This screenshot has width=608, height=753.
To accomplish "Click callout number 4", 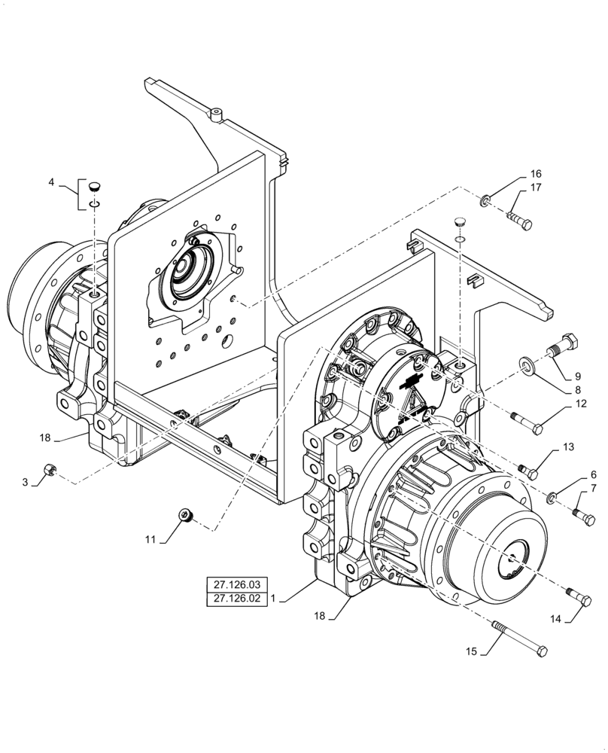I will pos(51,182).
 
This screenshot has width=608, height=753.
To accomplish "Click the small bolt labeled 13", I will pos(529,471).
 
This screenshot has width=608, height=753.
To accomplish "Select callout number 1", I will pos(274,599).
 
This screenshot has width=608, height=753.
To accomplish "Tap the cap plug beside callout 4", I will pos(94,185).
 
